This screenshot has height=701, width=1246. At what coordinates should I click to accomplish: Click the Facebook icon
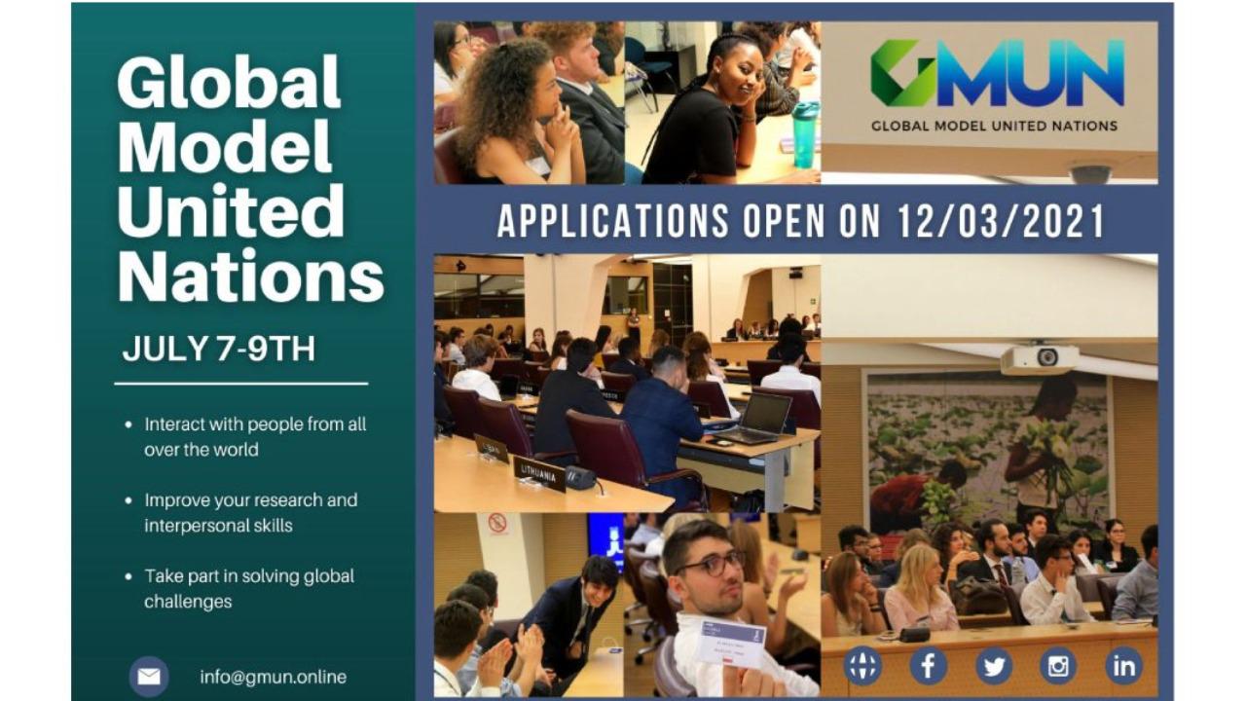pyautogui.click(x=928, y=666)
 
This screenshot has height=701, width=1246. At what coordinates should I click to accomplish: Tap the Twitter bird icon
pyautogui.click(x=994, y=666)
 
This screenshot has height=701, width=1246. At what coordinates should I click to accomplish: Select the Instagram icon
pyautogui.click(x=1058, y=666)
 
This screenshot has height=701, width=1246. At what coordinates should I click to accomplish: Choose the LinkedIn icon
pyautogui.click(x=1123, y=666)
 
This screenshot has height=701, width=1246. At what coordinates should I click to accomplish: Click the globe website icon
pyautogui.click(x=862, y=666)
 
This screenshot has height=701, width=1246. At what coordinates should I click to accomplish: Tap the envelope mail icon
pyautogui.click(x=149, y=677)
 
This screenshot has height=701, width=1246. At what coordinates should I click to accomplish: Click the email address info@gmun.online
pyautogui.click(x=274, y=677)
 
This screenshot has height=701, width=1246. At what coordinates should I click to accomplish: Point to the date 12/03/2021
pyautogui.click(x=1001, y=221)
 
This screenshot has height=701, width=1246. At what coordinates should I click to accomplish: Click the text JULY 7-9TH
pyautogui.click(x=219, y=349)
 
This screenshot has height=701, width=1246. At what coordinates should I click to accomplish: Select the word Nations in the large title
pyautogui.click(x=251, y=276)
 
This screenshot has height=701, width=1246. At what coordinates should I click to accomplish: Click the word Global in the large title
pyautogui.click(x=229, y=82)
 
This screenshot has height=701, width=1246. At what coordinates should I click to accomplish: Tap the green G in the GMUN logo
pyautogui.click(x=901, y=73)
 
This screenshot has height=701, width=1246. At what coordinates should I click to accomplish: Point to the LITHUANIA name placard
pyautogui.click(x=538, y=474)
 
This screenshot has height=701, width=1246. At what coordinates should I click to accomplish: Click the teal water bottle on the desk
pyautogui.click(x=805, y=134)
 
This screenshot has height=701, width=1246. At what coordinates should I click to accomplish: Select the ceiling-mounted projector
pyautogui.click(x=1039, y=358)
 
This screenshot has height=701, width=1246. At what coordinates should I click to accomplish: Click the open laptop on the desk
pyautogui.click(x=758, y=418)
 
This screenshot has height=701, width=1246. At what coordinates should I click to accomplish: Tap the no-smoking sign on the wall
pyautogui.click(x=497, y=524)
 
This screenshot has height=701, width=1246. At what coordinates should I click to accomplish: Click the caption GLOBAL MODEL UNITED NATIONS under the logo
pyautogui.click(x=995, y=127)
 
